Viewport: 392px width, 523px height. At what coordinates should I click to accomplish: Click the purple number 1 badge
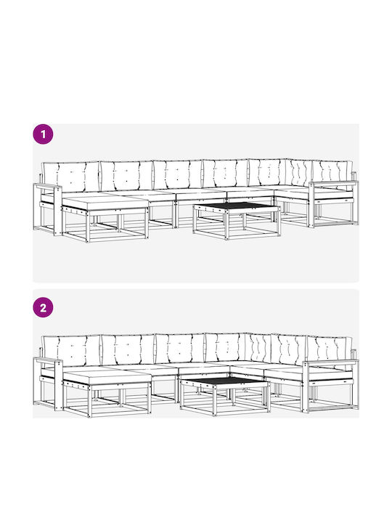click(43, 134)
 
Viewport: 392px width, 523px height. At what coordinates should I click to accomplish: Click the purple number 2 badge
click(43, 307)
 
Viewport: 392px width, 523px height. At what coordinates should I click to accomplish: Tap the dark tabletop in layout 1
click(237, 206)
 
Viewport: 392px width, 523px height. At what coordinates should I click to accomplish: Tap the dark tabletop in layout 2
click(224, 381)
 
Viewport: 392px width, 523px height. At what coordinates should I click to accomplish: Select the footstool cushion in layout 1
click(105, 203)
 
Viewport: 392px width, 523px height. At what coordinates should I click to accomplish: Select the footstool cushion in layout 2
click(107, 376)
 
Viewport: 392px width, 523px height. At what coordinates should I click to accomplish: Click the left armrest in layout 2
click(48, 361)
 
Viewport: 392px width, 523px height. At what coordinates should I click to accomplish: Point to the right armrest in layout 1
click(333, 183)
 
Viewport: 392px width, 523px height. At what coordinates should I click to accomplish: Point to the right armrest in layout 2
click(331, 362)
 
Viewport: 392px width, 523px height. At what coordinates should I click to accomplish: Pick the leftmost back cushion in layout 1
click(70, 177)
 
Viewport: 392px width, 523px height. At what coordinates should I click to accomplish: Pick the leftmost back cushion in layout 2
click(71, 351)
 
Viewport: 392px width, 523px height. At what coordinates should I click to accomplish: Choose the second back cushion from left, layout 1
click(126, 176)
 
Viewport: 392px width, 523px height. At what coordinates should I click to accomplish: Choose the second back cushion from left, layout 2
click(128, 349)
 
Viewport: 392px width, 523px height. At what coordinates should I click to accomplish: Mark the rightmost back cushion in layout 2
click(330, 349)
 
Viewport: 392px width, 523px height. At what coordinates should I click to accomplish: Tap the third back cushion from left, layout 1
click(178, 175)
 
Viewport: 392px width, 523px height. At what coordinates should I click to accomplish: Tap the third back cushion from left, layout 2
click(180, 349)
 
